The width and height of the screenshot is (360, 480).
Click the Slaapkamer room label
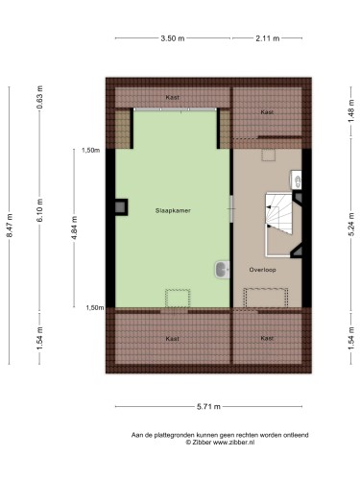point(173,210)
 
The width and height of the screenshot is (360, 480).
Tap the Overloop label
point(262,270)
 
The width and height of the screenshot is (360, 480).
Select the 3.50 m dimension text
point(173,38)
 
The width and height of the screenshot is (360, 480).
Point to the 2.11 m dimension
point(268,38)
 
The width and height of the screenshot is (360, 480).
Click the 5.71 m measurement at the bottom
point(208,407)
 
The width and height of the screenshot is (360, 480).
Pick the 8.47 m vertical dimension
point(10,226)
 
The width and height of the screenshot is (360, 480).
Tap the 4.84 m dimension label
point(74,228)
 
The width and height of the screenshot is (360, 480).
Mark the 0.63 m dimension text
point(40,97)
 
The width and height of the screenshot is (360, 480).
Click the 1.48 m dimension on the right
point(351,110)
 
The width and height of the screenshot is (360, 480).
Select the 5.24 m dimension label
point(351,225)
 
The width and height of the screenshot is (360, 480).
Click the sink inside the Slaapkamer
point(223,270)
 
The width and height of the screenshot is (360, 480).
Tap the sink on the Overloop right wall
point(296,180)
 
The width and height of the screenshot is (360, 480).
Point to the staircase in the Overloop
point(279,225)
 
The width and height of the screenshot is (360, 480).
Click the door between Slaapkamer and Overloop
point(231,209)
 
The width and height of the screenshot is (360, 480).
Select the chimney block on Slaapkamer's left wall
point(121,207)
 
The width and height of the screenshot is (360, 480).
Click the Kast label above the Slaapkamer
point(172,97)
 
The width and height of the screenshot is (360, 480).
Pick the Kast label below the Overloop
point(267,338)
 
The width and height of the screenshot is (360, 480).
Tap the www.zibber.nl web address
point(233,443)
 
